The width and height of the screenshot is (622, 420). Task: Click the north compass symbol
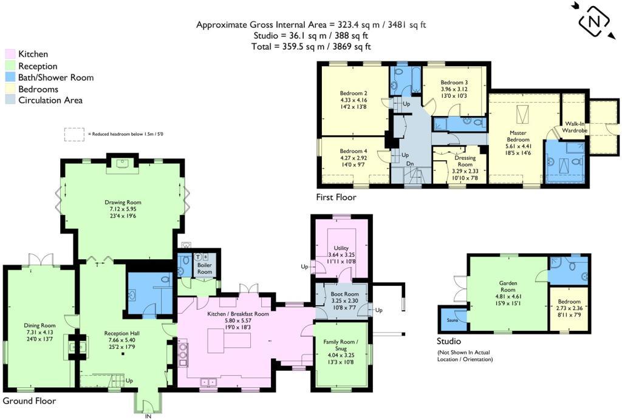594,22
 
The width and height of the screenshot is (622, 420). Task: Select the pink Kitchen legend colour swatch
10,54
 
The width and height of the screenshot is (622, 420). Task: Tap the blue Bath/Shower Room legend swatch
10,78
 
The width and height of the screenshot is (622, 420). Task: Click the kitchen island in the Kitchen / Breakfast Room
229,340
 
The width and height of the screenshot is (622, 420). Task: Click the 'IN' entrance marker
147,416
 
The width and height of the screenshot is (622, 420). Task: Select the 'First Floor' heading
336,197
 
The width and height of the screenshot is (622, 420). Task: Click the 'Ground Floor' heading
29,401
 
